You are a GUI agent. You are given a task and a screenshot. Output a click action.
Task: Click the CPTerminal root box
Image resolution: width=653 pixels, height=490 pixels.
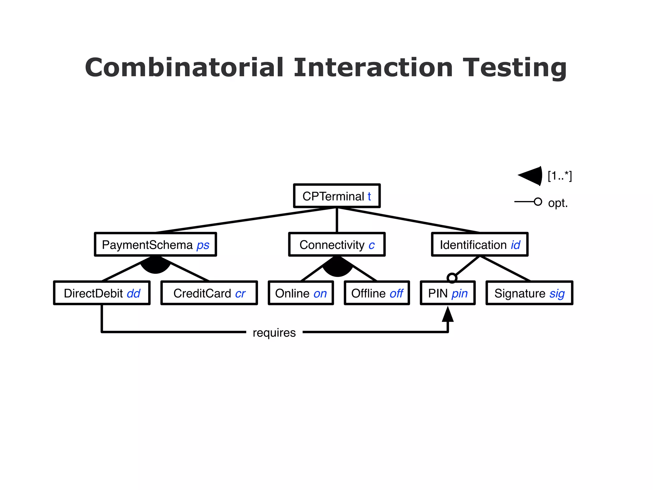[337, 196]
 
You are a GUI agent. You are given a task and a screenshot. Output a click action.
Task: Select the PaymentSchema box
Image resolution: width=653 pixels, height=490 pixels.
[155, 244]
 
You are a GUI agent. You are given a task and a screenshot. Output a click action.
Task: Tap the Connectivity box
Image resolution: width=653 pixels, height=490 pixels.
[337, 244]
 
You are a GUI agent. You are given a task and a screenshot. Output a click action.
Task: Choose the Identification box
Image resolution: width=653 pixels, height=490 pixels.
[480, 244]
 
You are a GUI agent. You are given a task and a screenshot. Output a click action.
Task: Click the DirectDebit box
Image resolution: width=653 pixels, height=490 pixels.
[102, 293]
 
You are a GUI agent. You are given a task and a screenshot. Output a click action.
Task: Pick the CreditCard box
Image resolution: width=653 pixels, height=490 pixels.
[209, 293]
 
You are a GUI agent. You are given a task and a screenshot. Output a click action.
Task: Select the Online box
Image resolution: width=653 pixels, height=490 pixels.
[301, 293]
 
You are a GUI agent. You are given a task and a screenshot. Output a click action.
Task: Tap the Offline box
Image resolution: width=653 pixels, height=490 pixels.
[377, 293]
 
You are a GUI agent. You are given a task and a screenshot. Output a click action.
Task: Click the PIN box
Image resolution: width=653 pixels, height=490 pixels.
[448, 293]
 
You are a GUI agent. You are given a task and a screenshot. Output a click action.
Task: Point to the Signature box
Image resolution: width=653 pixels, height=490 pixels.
[529, 293]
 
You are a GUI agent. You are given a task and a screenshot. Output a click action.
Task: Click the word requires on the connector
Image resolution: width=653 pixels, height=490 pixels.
[274, 332]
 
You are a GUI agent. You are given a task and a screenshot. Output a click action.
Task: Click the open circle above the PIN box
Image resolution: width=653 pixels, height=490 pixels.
[452, 278]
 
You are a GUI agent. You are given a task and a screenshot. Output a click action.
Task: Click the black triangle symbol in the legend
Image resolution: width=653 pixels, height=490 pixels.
[531, 175]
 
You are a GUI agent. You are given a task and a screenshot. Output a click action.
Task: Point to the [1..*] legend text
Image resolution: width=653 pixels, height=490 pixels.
[560, 176]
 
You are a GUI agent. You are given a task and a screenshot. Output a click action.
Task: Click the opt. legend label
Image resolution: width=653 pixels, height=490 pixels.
[558, 203]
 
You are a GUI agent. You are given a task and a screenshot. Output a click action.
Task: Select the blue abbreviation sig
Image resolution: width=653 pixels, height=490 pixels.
[557, 293]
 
